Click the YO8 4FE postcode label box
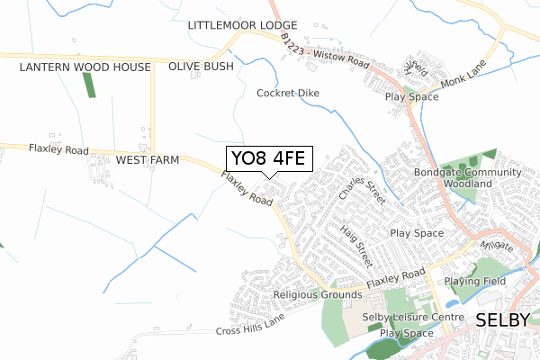[x=268, y=159]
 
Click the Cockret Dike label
[x=288, y=93]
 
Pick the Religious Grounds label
[x=317, y=294]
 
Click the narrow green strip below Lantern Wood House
[x=88, y=85]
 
